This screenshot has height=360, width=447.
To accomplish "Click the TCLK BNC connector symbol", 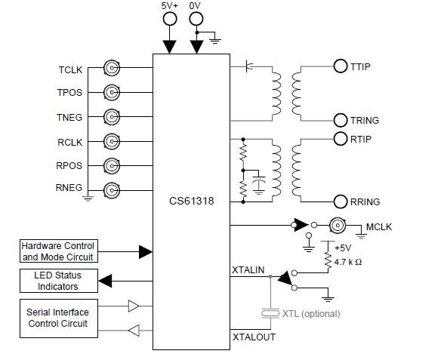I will pyautogui.click(x=112, y=69).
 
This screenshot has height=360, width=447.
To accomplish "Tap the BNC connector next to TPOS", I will pyautogui.click(x=112, y=93).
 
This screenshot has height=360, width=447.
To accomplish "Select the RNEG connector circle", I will pyautogui.click(x=112, y=189).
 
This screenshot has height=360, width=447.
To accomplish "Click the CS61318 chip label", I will pyautogui.click(x=192, y=202).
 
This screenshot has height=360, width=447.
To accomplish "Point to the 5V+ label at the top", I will pyautogui.click(x=171, y=6).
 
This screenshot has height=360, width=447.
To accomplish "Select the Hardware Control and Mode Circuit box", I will pyautogui.click(x=58, y=251).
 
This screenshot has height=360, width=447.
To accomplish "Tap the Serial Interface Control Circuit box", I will pyautogui.click(x=58, y=318).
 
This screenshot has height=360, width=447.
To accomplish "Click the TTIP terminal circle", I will pyautogui.click(x=340, y=66).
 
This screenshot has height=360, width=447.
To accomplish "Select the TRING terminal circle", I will pyautogui.click(x=340, y=120).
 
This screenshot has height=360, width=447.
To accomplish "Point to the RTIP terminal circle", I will pyautogui.click(x=340, y=139).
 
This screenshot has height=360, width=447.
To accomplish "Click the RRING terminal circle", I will pyautogui.click(x=340, y=201).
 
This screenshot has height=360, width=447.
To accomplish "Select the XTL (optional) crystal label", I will pyautogui.click(x=310, y=313).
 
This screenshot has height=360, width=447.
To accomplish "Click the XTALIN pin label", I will pyautogui.click(x=249, y=269).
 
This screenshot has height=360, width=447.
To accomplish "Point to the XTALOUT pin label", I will pyautogui.click(x=254, y=337).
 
